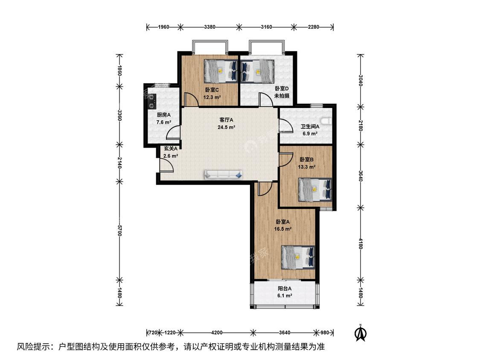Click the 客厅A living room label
pos(227,120)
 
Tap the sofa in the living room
pos(223,174)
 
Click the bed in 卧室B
pos(315,190)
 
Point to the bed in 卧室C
pos(221,71)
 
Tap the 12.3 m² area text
pos(212,97)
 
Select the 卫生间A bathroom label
pos(310,126)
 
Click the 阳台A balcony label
pos(285,288)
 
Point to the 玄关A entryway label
pos(171,149)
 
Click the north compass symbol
pos(361,333)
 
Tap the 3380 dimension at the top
pos(209,27)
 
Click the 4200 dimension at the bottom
pos(217,332)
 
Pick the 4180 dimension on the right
pos(361,244)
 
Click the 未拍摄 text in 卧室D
pos(282,96)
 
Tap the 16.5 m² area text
pos(283,229)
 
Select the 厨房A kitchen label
pos(164,115)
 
